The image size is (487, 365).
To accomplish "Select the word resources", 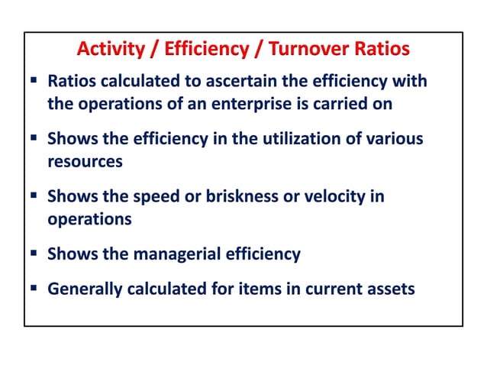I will point(85,162).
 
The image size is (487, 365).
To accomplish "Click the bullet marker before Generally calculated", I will point(34,289).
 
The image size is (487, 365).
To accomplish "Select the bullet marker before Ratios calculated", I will point(34,80).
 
